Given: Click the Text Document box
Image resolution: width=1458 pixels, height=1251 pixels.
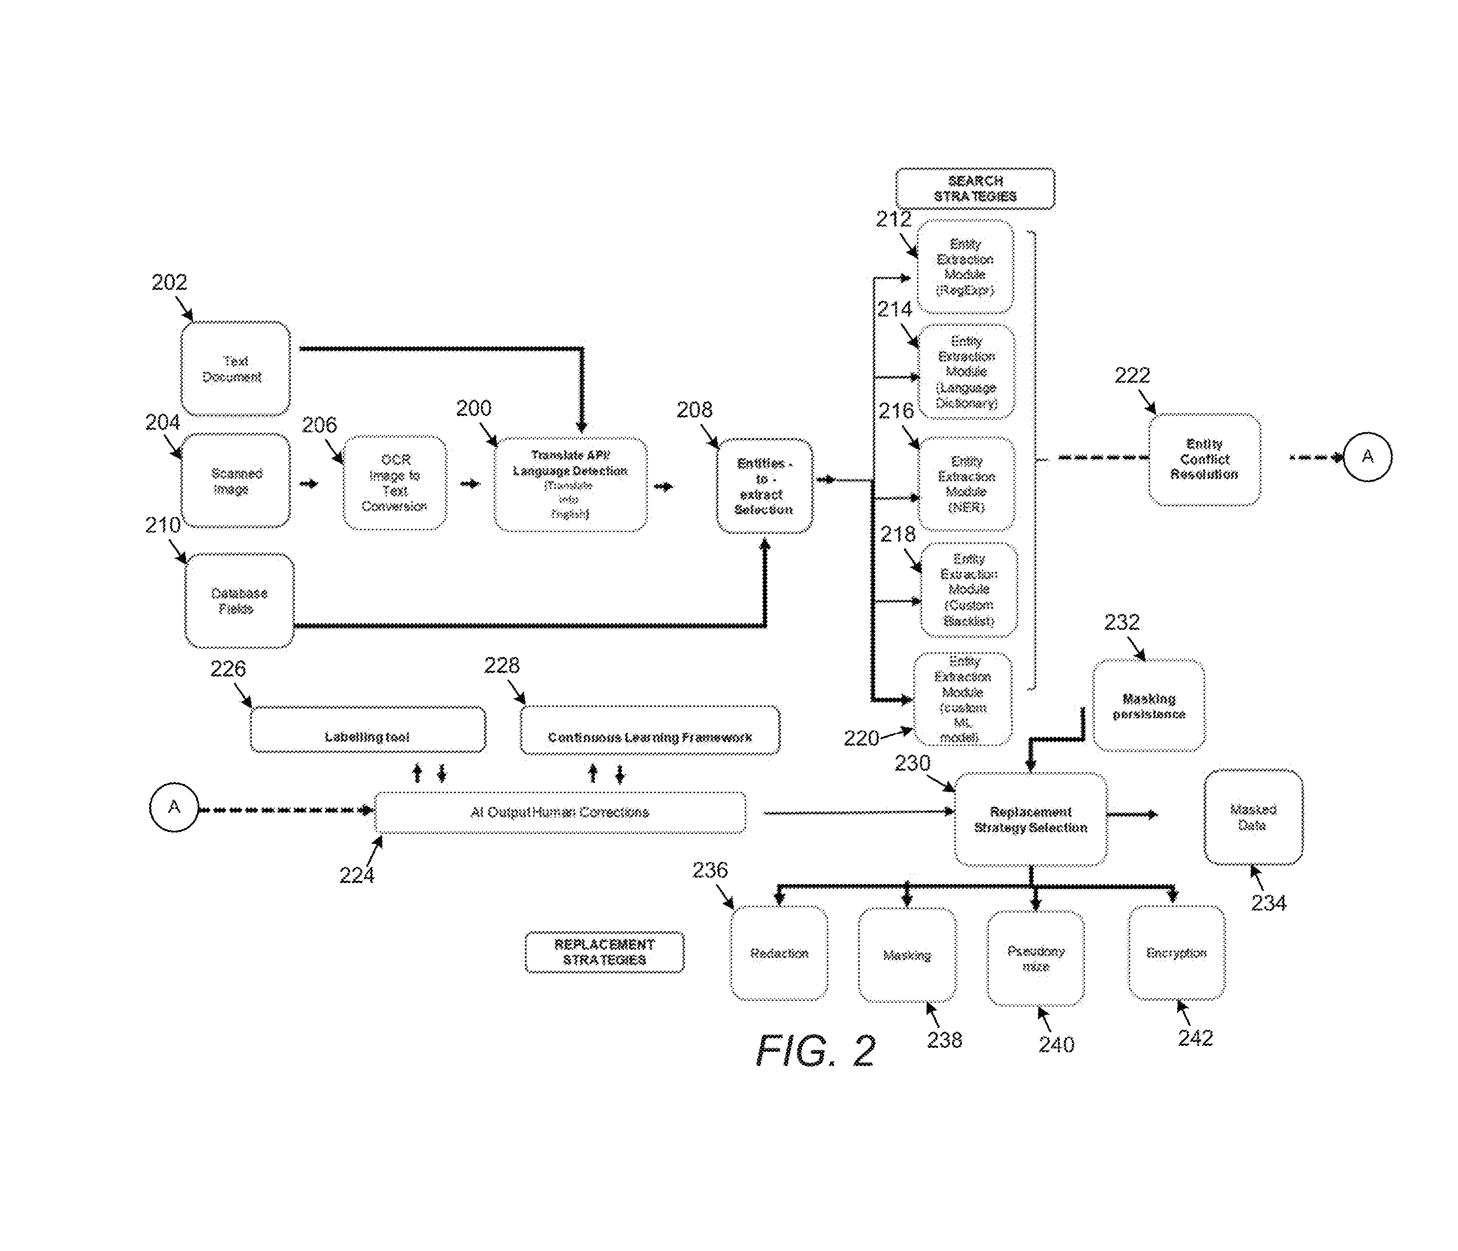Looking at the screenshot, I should click(235, 368).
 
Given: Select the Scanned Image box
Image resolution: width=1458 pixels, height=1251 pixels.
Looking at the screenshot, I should click(235, 481).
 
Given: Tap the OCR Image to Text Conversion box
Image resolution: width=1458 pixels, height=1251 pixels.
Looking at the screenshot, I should click(394, 482).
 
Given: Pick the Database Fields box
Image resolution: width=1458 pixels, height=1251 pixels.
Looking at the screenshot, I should click(239, 600).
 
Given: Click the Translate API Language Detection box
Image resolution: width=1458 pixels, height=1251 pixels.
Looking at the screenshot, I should click(570, 484).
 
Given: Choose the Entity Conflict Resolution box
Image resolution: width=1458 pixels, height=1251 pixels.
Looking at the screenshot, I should click(1204, 459).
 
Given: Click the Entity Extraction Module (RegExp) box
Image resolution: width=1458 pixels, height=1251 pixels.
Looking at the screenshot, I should click(965, 267).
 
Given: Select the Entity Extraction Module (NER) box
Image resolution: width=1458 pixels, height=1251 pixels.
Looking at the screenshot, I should click(966, 484).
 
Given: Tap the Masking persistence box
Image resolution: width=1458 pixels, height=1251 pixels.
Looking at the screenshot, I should click(1148, 705).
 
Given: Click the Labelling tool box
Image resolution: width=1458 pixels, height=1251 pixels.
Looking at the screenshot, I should click(367, 730).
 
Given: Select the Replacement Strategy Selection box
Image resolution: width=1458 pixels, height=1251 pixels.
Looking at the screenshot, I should click(1030, 819).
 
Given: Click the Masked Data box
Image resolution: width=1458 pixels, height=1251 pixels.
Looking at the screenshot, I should click(1253, 817).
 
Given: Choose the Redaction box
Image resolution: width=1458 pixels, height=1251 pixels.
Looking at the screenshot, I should click(779, 953).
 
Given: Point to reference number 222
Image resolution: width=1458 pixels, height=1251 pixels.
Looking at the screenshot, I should click(1131, 375).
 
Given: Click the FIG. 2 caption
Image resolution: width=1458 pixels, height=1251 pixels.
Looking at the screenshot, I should click(816, 1051).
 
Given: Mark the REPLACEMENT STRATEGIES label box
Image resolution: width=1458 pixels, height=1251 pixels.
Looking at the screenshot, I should click(604, 952).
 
